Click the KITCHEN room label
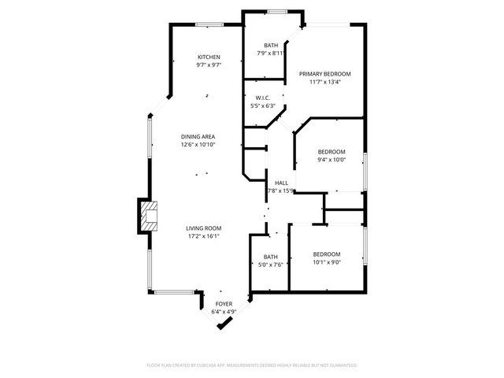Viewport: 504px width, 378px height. point(209,57)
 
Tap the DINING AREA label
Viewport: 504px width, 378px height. point(198,136)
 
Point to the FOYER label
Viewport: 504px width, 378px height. point(224,303)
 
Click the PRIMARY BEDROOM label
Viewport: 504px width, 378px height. point(324,73)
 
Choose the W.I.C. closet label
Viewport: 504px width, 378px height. point(263,98)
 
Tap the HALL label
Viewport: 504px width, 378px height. point(281,183)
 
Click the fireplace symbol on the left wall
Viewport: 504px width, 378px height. point(147,214)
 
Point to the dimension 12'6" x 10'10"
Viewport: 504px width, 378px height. point(198,144)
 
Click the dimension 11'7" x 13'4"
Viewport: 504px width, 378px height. point(324,81)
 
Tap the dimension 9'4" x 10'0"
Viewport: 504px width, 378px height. point(332,160)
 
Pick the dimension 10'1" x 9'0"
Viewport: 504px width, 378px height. point(326,262)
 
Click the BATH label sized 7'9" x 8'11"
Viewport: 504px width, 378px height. point(271,46)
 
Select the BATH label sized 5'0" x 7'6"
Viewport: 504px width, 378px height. point(270,257)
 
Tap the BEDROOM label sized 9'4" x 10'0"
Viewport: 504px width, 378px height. point(332,152)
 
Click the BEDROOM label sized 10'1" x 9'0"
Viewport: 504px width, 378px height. point(326,254)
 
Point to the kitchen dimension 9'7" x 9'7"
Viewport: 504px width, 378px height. point(209,65)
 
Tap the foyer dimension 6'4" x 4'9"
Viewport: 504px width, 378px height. point(224,311)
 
